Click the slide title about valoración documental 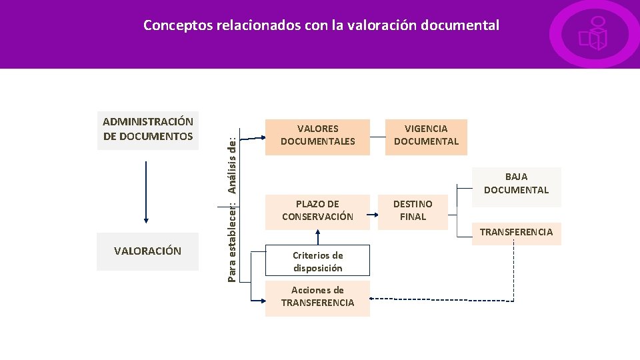point(321,26)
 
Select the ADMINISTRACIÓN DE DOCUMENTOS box point(148,129)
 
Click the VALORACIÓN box point(148,251)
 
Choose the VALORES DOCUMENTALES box point(317,135)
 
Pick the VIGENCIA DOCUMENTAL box point(426,135)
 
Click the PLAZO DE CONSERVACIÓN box point(317,211)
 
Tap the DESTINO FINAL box point(413,211)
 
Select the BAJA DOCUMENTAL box point(516,183)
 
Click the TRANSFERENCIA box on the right point(516,233)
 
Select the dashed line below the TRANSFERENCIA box point(514,273)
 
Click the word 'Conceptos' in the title point(175,26)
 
